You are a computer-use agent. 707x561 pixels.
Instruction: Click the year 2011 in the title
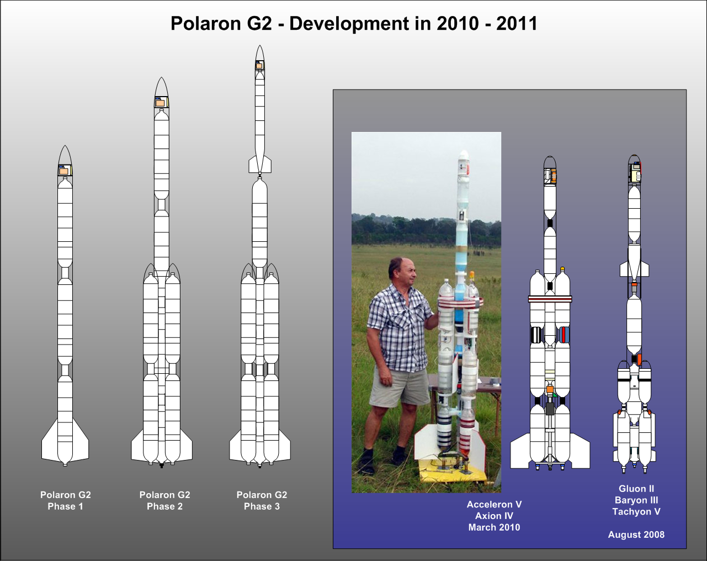[517, 24]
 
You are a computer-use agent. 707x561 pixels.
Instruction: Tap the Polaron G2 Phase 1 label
[65, 500]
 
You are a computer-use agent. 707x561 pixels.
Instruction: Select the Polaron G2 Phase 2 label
[164, 500]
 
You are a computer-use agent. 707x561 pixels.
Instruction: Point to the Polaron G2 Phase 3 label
[262, 500]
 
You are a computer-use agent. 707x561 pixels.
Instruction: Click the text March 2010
[494, 527]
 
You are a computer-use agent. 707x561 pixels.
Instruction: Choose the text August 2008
[636, 534]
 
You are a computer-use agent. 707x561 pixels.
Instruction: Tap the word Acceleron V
[494, 505]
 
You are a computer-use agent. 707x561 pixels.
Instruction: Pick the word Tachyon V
[636, 512]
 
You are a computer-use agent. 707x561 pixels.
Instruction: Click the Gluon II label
[636, 489]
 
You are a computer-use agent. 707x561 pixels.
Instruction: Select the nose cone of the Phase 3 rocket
[259, 53]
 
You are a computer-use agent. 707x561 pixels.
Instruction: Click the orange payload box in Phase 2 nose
[160, 103]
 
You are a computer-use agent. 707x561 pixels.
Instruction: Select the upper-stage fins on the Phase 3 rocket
[259, 165]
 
